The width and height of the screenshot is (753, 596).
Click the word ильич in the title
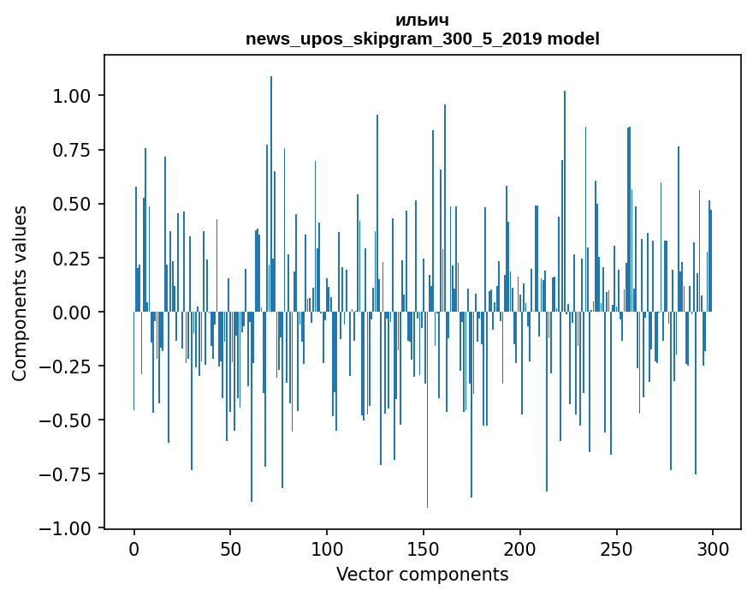coord(422,20)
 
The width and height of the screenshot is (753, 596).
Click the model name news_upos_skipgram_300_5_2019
coord(394,39)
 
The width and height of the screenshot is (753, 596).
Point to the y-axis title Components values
coord(20,293)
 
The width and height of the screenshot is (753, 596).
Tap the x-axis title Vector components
coord(422,575)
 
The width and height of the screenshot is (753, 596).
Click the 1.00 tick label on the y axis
coord(73,96)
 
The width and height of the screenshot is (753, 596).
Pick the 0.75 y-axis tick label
coord(73,150)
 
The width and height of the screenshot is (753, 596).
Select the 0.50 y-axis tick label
coord(73,204)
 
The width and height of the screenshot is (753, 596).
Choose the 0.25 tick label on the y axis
coord(73,258)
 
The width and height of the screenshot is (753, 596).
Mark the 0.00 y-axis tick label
coord(73,312)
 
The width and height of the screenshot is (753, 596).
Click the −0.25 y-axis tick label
coord(68,366)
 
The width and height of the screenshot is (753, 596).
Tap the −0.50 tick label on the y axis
coord(68,420)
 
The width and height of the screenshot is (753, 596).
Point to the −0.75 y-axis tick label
coord(68,474)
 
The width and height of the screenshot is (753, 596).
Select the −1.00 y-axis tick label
coord(68,528)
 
